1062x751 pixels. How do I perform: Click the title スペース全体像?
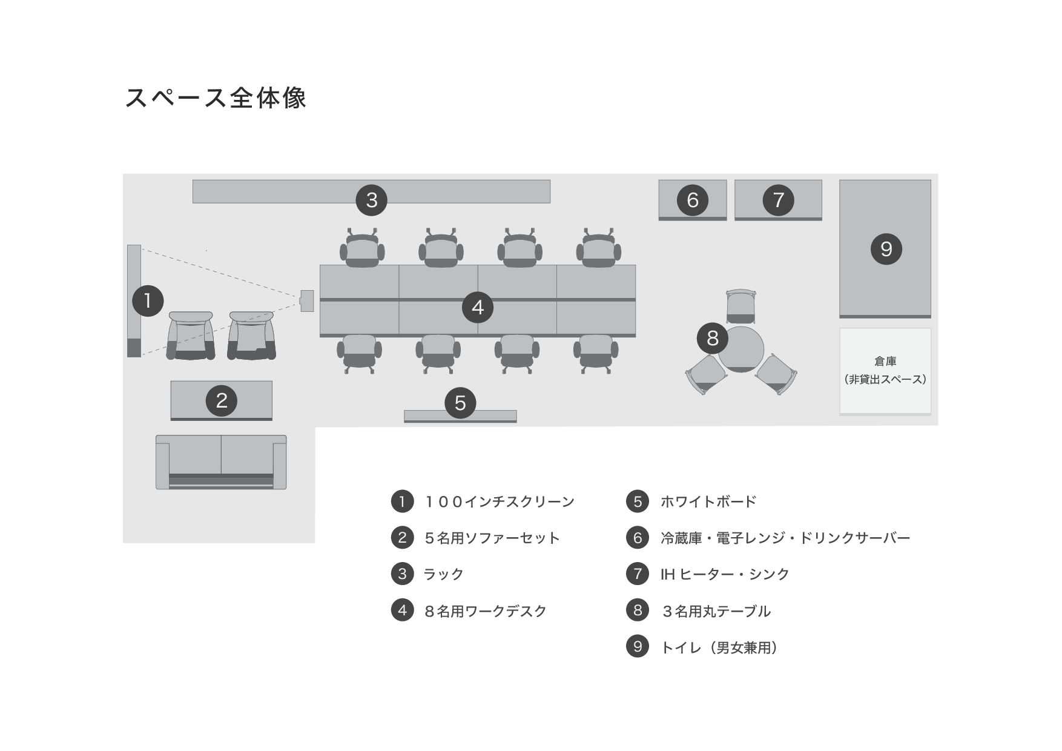pyautogui.click(x=216, y=98)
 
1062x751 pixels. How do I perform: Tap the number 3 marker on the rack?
pyautogui.click(x=372, y=200)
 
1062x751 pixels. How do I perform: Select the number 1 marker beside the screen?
pyautogui.click(x=148, y=300)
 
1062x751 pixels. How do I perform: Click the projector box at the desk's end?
pyautogui.click(x=307, y=301)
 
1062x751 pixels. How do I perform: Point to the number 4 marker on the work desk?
pyautogui.click(x=478, y=308)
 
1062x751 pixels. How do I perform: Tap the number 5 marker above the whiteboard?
pyautogui.click(x=460, y=403)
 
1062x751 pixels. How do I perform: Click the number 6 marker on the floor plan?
pyautogui.click(x=693, y=200)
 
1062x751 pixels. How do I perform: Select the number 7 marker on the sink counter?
pyautogui.click(x=779, y=200)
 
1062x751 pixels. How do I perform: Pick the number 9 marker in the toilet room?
pyautogui.click(x=886, y=249)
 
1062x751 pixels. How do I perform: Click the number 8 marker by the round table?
pyautogui.click(x=713, y=337)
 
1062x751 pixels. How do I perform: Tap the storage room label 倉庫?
pyautogui.click(x=885, y=362)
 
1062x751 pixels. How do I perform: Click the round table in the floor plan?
pyautogui.click(x=741, y=350)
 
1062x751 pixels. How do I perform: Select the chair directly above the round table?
pyautogui.click(x=741, y=306)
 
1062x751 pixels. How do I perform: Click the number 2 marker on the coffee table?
pyautogui.click(x=222, y=400)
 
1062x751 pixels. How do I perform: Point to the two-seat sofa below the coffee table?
pyautogui.click(x=221, y=462)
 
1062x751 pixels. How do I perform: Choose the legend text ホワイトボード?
pyautogui.click(x=708, y=502)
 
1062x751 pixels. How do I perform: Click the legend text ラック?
pyautogui.click(x=444, y=574)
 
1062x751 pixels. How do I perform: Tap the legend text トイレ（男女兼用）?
pyautogui.click(x=719, y=647)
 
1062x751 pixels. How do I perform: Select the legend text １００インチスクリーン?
pyautogui.click(x=500, y=502)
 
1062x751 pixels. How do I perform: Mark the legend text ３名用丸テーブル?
pyautogui.click(x=716, y=611)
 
